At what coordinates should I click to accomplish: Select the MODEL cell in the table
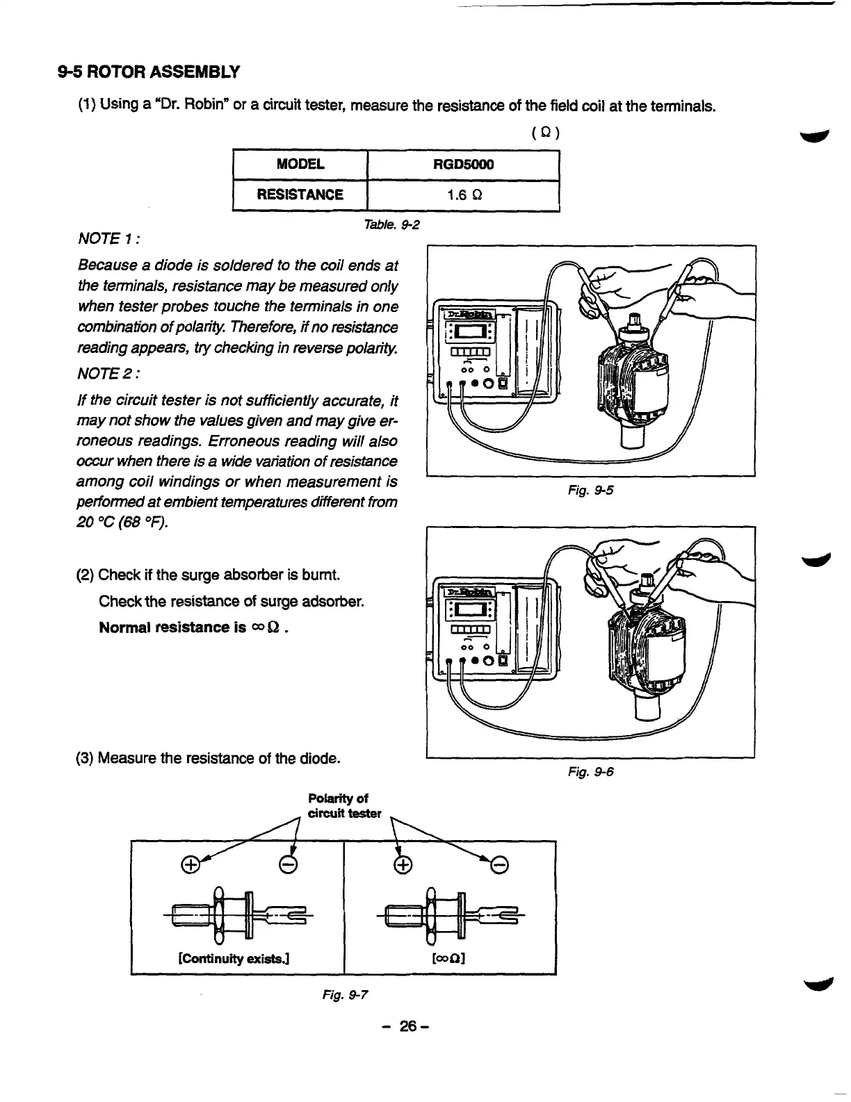[300, 165]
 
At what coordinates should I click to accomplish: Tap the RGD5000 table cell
[462, 165]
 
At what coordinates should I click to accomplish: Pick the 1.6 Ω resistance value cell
[462, 195]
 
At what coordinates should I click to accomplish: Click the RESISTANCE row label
[300, 195]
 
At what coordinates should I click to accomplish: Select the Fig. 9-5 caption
[590, 491]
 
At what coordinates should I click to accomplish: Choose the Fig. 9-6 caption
[590, 772]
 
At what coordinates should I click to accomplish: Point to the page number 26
[407, 1026]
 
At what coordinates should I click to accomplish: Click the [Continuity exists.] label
[234, 959]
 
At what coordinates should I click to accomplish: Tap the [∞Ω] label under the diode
[448, 959]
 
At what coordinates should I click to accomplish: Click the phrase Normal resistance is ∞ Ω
[194, 627]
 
